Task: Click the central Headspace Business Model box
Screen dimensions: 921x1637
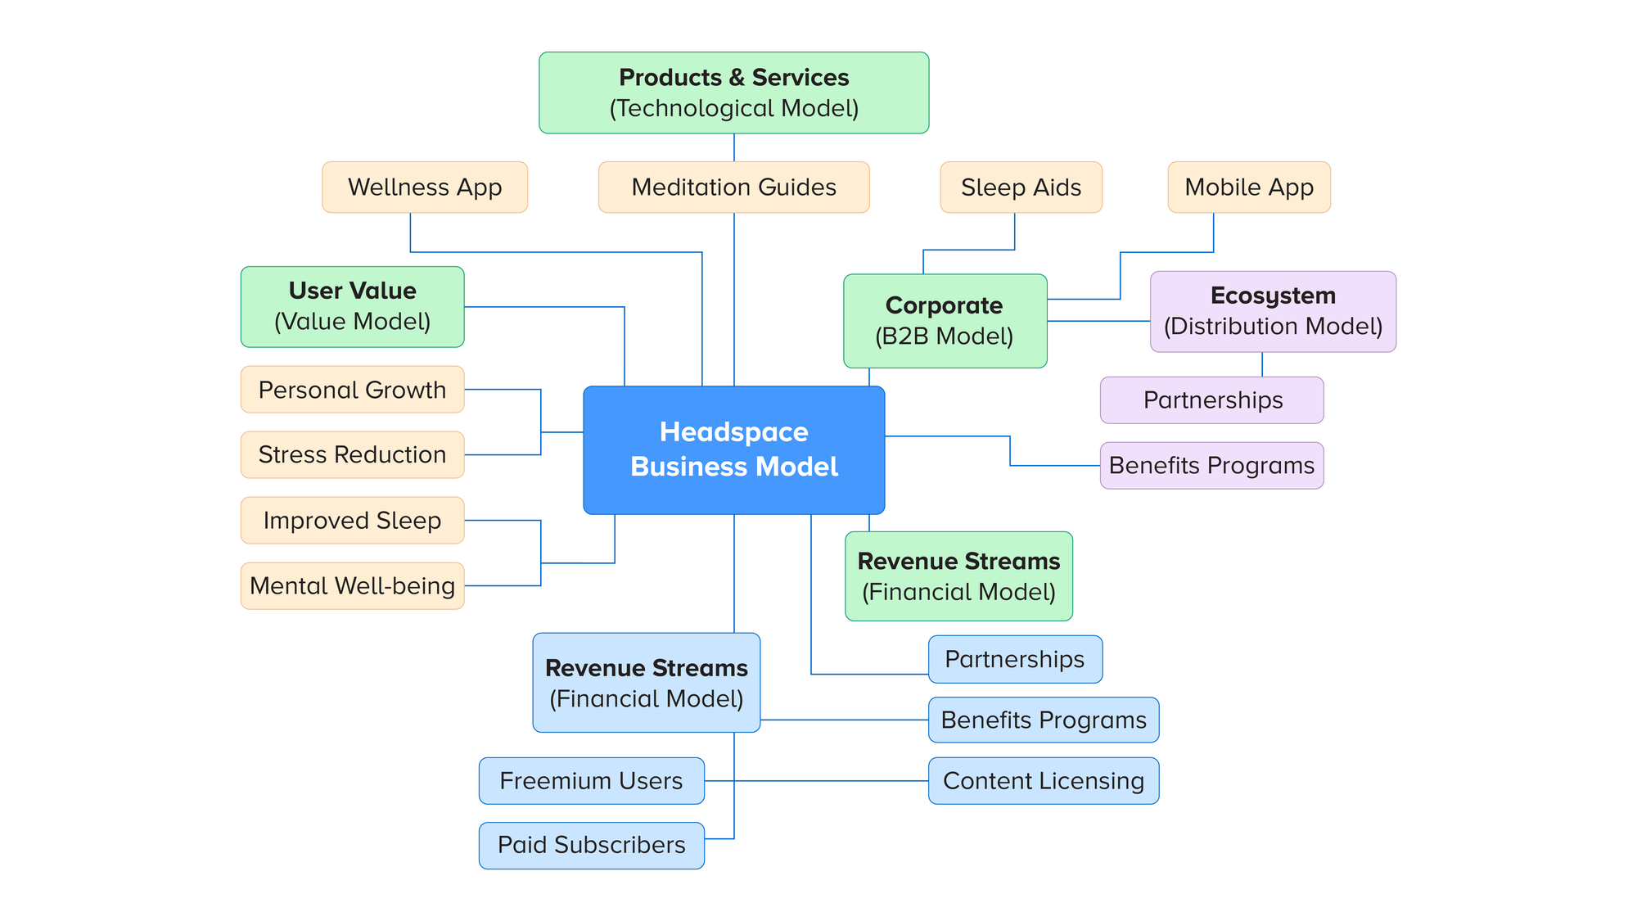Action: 733,449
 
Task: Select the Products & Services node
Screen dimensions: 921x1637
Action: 733,93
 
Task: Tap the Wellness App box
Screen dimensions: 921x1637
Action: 424,187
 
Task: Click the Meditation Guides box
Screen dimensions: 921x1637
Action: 733,187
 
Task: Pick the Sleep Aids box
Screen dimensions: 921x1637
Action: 1021,187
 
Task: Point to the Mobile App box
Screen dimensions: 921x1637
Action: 1248,187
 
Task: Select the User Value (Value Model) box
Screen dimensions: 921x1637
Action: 352,306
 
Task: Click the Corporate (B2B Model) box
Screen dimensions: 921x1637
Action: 945,320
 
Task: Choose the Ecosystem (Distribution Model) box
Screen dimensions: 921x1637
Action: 1273,311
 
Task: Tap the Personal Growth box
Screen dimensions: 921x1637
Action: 352,390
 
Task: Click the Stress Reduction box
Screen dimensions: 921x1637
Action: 352,454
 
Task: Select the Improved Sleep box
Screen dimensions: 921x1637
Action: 352,520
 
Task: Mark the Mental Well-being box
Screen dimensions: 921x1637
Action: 352,585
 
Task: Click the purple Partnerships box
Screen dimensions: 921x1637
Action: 1211,400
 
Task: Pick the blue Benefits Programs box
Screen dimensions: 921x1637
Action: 1043,720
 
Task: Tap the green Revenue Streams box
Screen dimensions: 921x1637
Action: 958,576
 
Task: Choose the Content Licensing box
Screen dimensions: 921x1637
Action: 1043,780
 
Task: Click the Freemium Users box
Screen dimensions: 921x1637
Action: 591,780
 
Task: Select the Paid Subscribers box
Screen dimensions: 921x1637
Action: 591,845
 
